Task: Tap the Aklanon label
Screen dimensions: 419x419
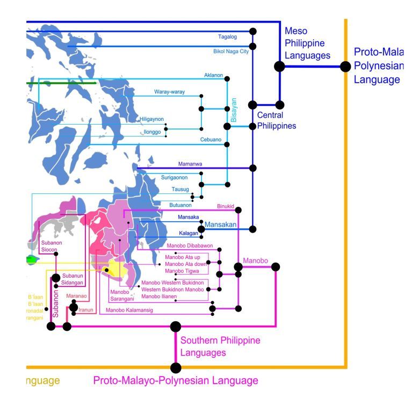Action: click(213, 75)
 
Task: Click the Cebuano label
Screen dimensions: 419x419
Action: click(211, 140)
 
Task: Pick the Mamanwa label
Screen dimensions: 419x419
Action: click(189, 163)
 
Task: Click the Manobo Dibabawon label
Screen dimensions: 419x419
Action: click(190, 246)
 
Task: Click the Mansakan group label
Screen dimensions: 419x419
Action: click(221, 225)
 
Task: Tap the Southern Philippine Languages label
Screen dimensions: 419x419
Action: click(220, 346)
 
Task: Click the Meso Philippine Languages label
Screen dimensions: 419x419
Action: click(307, 43)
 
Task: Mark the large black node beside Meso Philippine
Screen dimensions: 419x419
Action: click(279, 66)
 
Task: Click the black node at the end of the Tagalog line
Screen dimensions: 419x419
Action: click(252, 32)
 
